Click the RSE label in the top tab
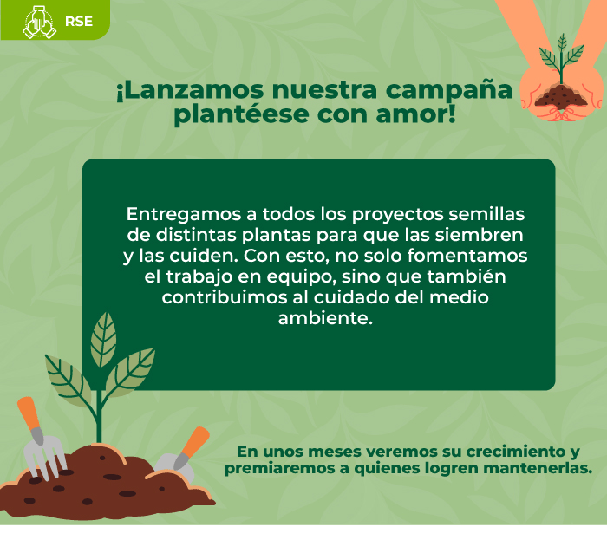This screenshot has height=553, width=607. [x=79, y=21]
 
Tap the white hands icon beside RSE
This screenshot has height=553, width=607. [x=40, y=23]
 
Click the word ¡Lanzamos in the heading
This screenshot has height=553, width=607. [x=190, y=90]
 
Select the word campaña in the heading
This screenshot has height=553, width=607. [x=449, y=91]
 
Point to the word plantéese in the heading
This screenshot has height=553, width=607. [x=242, y=115]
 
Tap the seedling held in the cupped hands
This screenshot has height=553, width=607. [x=562, y=59]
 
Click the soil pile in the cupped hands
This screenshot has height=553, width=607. [x=561, y=97]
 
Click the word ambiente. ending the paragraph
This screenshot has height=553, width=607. [x=325, y=318]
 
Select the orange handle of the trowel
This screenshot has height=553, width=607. [x=196, y=442]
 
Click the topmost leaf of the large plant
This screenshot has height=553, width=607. [x=103, y=340]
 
